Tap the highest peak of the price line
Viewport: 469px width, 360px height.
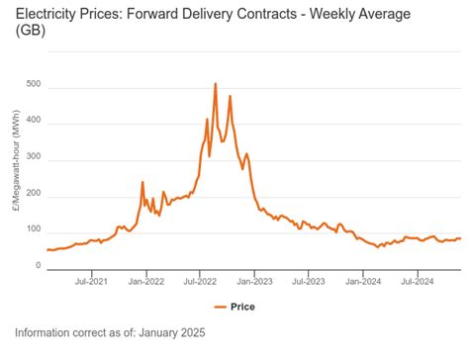click(x=215, y=85)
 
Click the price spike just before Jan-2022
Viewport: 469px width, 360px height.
click(x=142, y=183)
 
